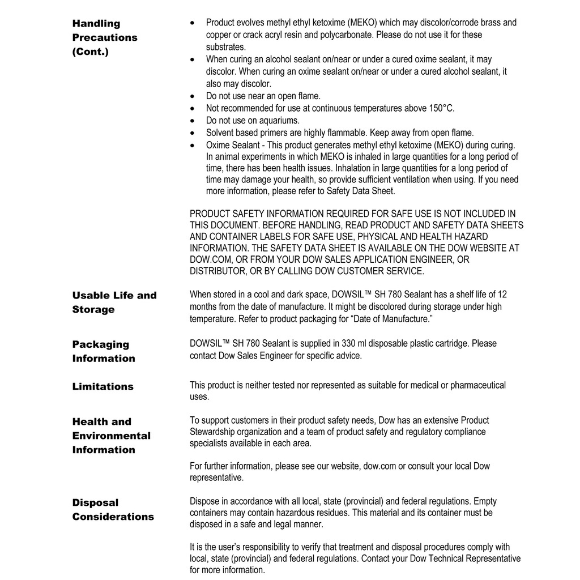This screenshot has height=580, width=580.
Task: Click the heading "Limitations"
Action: coord(103,387)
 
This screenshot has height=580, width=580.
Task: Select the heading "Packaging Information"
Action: coord(103,351)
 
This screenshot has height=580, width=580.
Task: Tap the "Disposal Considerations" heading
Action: coord(113,509)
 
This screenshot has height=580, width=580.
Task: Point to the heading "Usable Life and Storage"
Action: coord(114,302)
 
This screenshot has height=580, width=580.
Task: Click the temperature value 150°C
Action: coord(441,108)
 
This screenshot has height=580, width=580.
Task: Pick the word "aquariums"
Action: coord(279,121)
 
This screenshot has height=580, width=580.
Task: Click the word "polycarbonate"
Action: coord(353,35)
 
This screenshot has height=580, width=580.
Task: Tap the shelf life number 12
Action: coord(502,295)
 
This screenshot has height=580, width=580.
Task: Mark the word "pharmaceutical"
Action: coord(470,385)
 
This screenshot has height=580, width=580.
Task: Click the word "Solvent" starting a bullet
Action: coord(219,133)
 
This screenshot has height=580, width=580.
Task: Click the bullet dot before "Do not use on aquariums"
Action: coord(194,121)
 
